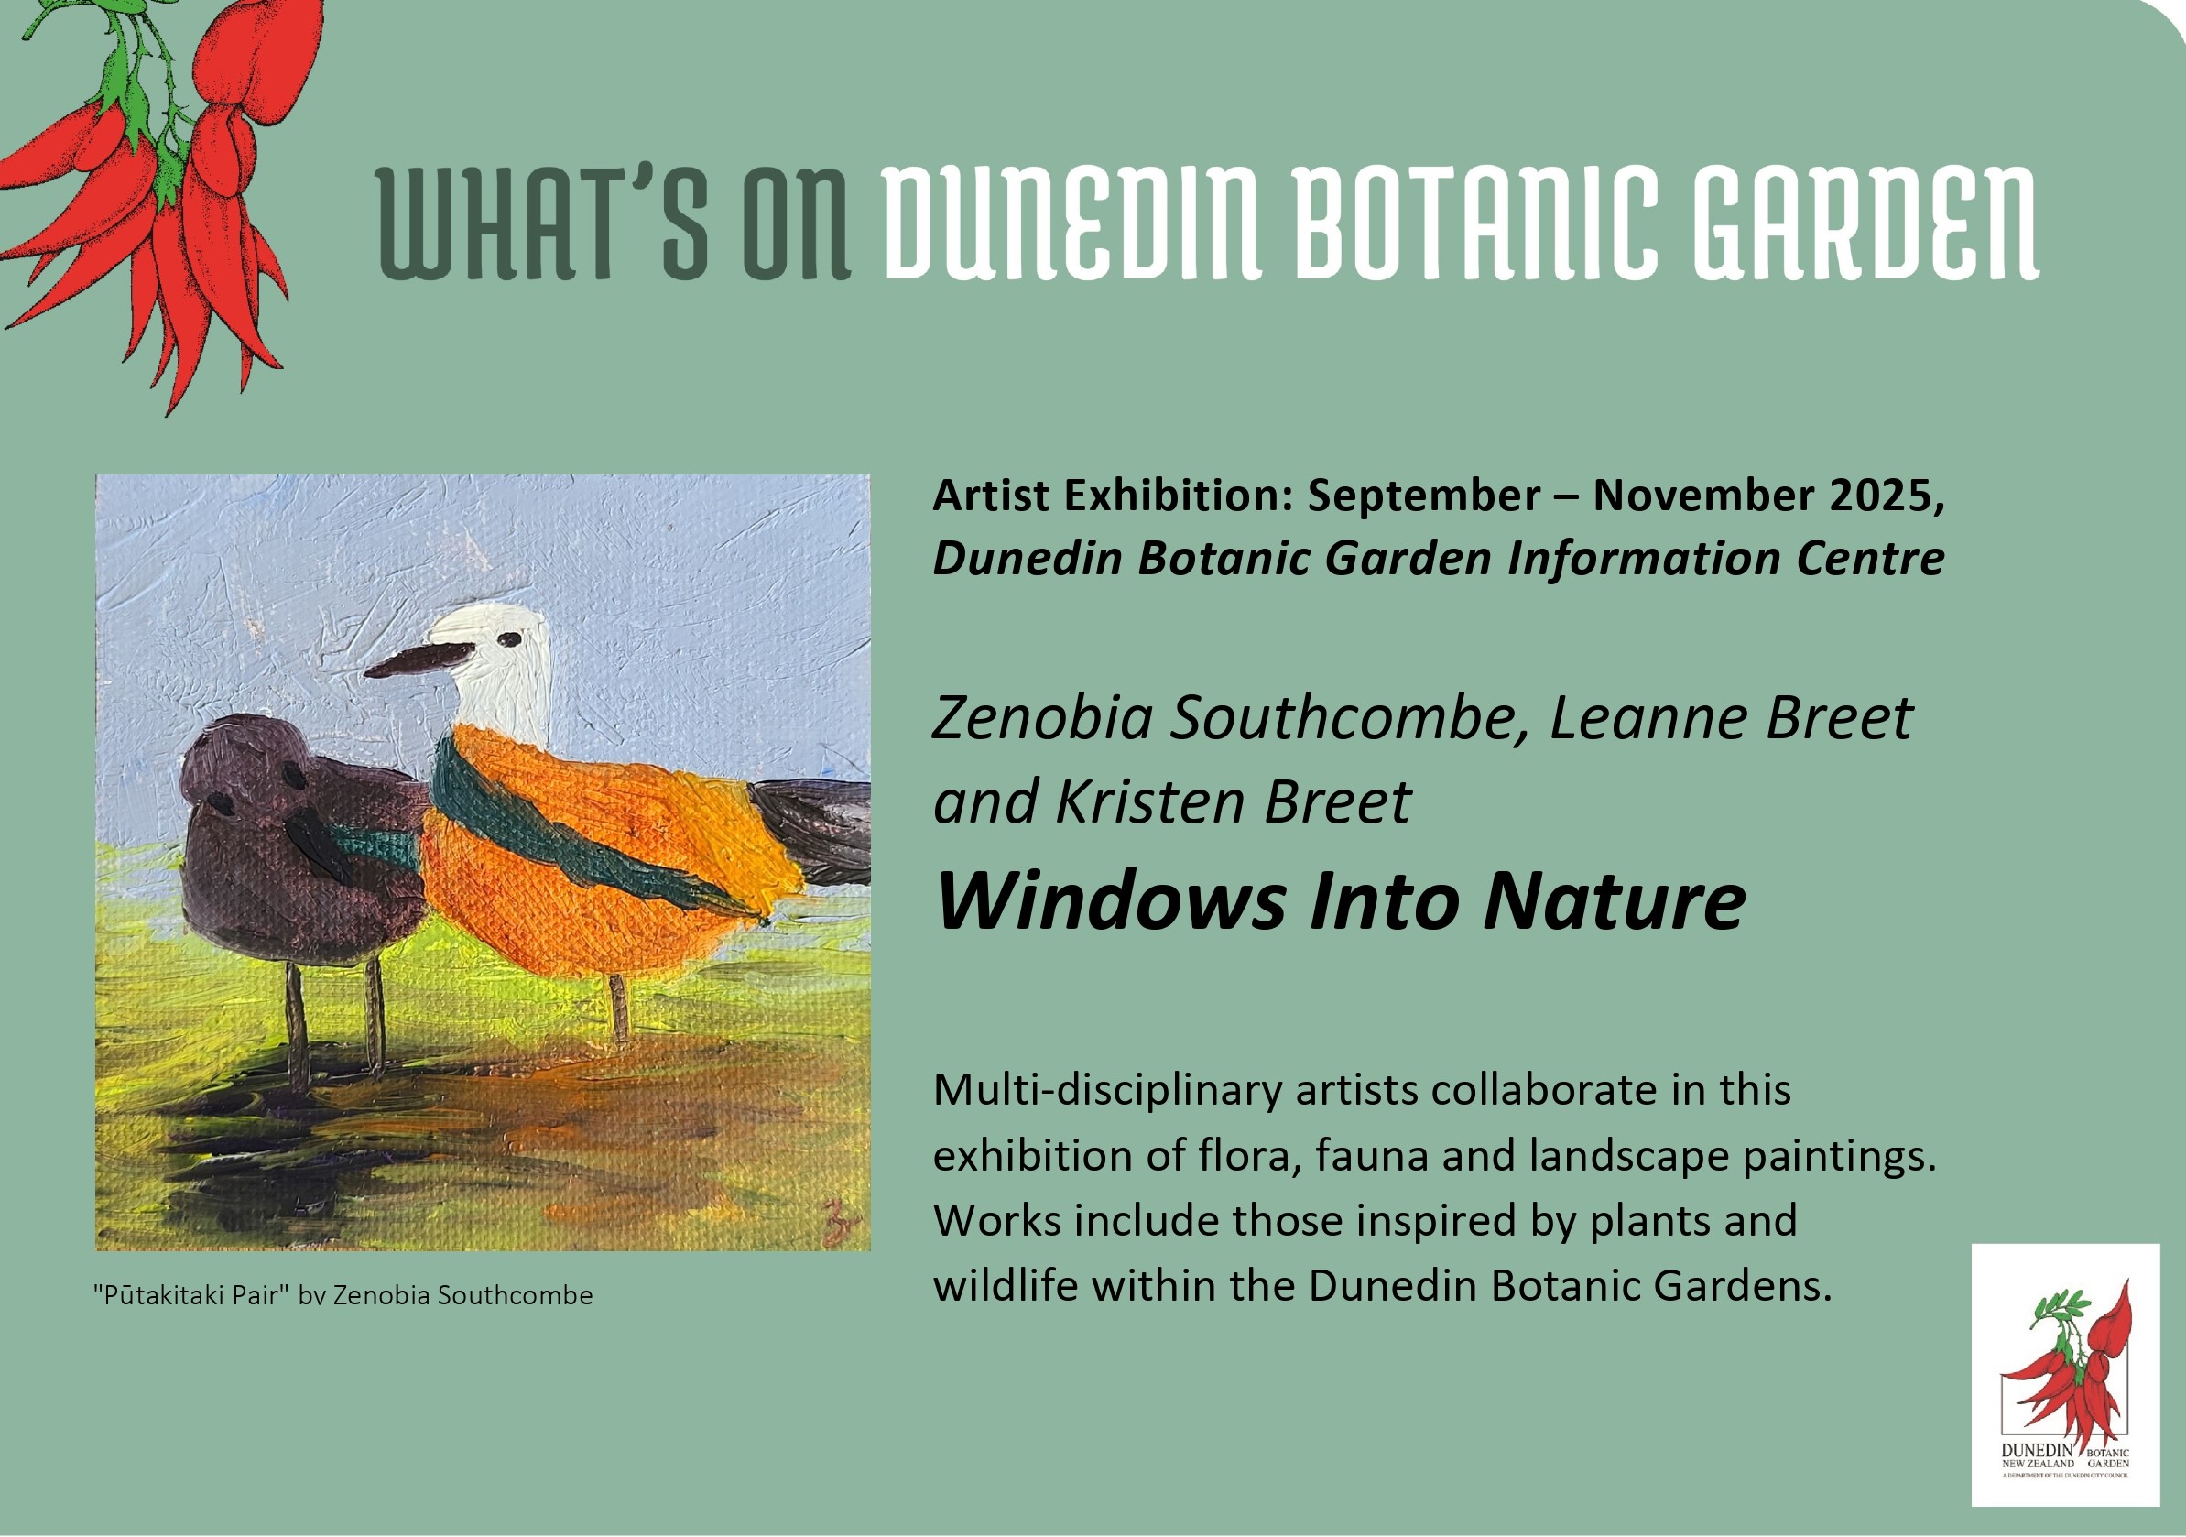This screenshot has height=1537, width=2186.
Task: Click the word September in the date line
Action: click(x=1422, y=496)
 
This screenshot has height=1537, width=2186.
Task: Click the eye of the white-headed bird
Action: click(x=512, y=640)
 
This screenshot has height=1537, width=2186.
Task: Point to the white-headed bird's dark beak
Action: click(x=419, y=659)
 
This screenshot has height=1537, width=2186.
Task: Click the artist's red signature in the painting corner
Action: click(x=838, y=1219)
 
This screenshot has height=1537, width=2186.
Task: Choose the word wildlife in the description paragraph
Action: click(x=1006, y=1286)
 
